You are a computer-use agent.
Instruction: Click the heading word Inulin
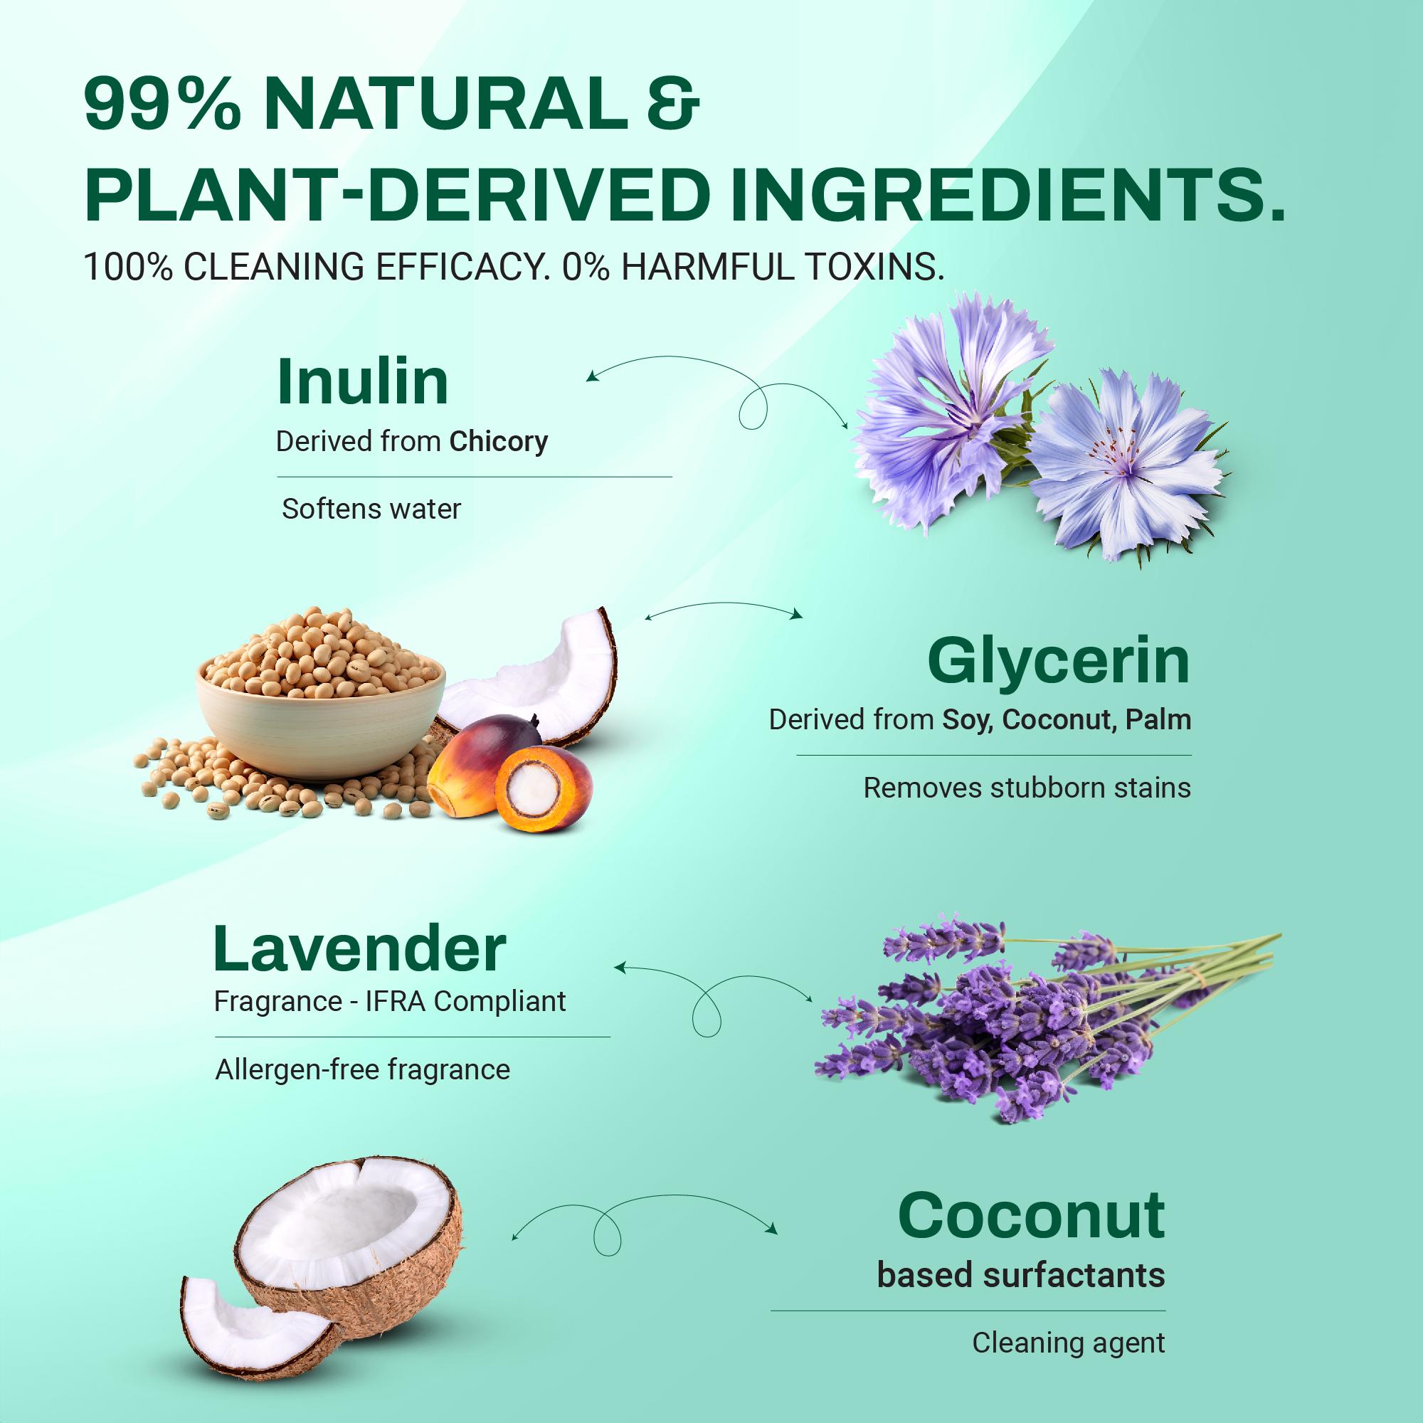click(x=362, y=381)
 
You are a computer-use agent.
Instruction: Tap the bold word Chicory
click(x=499, y=442)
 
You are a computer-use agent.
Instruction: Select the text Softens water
click(x=371, y=509)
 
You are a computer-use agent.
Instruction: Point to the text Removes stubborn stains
click(x=1027, y=788)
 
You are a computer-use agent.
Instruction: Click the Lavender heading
click(x=360, y=949)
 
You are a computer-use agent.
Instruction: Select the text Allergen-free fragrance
click(x=362, y=1070)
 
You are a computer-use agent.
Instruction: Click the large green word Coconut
click(x=1031, y=1215)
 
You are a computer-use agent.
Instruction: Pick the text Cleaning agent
click(x=1068, y=1343)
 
